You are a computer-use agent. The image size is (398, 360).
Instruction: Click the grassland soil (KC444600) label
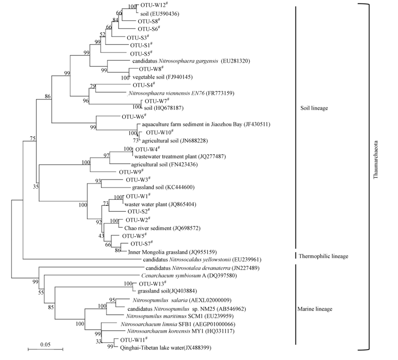pyautogui.click(x=160, y=187)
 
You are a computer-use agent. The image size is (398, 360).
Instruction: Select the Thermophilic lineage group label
pyautogui.click(x=323, y=256)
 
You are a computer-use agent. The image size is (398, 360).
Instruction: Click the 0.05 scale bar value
pyautogui.click(x=44, y=344)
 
